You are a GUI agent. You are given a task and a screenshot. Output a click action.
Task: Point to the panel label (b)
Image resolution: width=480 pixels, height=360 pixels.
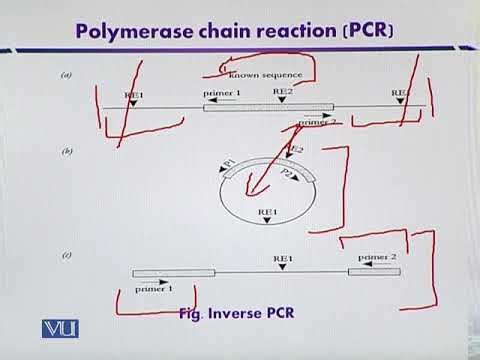click(x=67, y=151)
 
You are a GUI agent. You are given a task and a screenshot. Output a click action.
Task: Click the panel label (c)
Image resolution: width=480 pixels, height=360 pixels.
click(x=67, y=257)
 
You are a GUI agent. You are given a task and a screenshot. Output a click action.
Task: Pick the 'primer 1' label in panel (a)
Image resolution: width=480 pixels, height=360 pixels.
click(x=222, y=92)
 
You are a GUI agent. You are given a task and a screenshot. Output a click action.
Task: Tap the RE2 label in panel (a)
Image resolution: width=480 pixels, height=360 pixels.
click(x=283, y=91)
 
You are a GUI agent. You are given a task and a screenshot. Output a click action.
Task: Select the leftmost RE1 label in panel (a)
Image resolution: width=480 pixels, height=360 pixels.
click(x=134, y=92)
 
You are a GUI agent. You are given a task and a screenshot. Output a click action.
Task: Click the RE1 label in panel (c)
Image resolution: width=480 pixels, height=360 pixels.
click(x=284, y=258)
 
